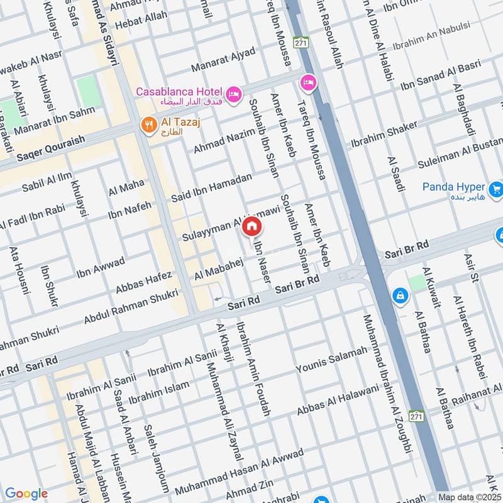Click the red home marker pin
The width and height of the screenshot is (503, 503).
click(x=251, y=226)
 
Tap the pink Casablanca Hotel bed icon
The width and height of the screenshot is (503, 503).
click(x=233, y=94)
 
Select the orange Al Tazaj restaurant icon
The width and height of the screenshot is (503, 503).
click(x=148, y=124)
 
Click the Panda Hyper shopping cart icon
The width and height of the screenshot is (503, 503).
click(x=496, y=187)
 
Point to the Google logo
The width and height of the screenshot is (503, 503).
click(x=26, y=494)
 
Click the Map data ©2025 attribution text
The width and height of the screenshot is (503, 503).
click(x=470, y=497)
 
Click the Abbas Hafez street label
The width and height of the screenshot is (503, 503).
click(x=143, y=282)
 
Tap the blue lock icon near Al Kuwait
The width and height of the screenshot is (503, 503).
click(x=399, y=294)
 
